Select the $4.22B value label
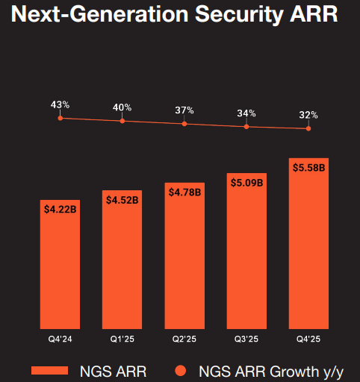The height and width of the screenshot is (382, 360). coord(60,210)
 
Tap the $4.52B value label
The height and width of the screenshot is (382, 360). coord(122,200)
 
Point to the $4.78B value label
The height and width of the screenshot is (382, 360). coord(184,192)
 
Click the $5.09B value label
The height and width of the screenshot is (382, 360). coord(246,182)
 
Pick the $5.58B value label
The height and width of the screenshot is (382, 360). coord(308,167)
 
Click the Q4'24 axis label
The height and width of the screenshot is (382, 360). coord(60,339)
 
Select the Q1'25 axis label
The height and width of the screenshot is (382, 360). coord(122,339)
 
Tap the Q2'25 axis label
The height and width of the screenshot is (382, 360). coord(184,339)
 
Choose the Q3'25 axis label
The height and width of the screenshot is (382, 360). coord(246,339)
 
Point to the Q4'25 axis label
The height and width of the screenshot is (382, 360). coord(308,339)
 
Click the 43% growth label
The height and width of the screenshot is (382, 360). coord(60,104)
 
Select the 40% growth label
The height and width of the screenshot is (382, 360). coord(122,107)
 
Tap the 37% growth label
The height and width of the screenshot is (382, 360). coord(184,110)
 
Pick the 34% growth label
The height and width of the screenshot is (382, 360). coord(246,113)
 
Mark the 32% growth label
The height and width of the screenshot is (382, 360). coord(308,116)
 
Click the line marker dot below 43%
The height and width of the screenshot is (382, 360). coord(60,118)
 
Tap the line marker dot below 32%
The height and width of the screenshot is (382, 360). coord(308,128)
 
